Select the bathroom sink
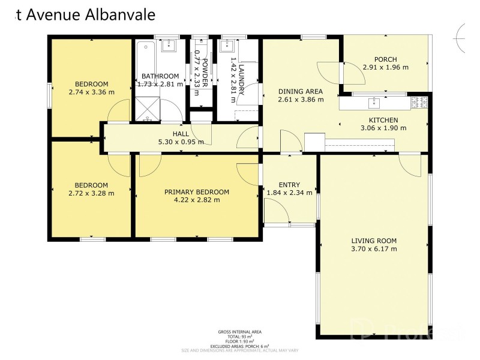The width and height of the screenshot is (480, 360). [x=171, y=46]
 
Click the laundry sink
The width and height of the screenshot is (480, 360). [x=227, y=46]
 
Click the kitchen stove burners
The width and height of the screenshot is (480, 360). [x=419, y=103]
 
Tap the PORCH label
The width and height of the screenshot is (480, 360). [x=385, y=59]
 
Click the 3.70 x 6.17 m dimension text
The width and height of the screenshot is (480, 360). [x=374, y=249]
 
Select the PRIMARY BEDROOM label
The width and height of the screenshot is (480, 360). [x=197, y=192]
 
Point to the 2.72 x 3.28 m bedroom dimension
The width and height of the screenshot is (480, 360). [x=91, y=193]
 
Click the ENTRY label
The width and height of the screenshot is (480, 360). [x=289, y=185]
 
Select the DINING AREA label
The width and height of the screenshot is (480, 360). [x=301, y=91]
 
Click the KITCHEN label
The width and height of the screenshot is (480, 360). [x=383, y=119]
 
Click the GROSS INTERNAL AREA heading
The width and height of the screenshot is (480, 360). [x=240, y=332]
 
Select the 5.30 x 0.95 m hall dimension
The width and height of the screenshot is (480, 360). [x=181, y=142]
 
